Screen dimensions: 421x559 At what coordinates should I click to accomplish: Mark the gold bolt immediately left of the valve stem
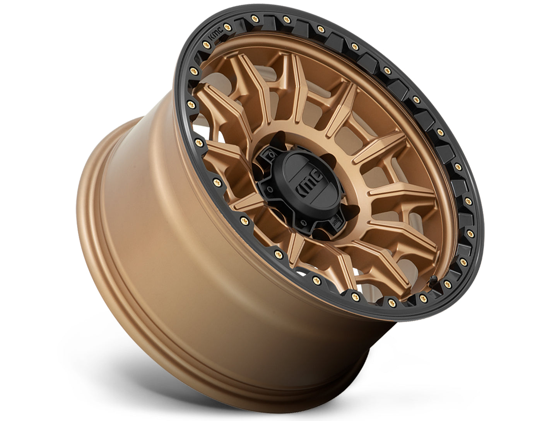[424, 296]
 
